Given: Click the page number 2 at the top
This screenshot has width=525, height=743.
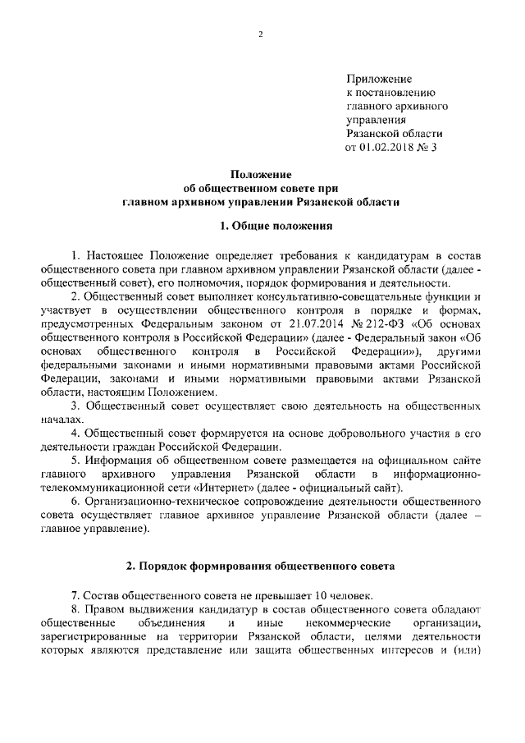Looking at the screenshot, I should pos(261,34).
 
